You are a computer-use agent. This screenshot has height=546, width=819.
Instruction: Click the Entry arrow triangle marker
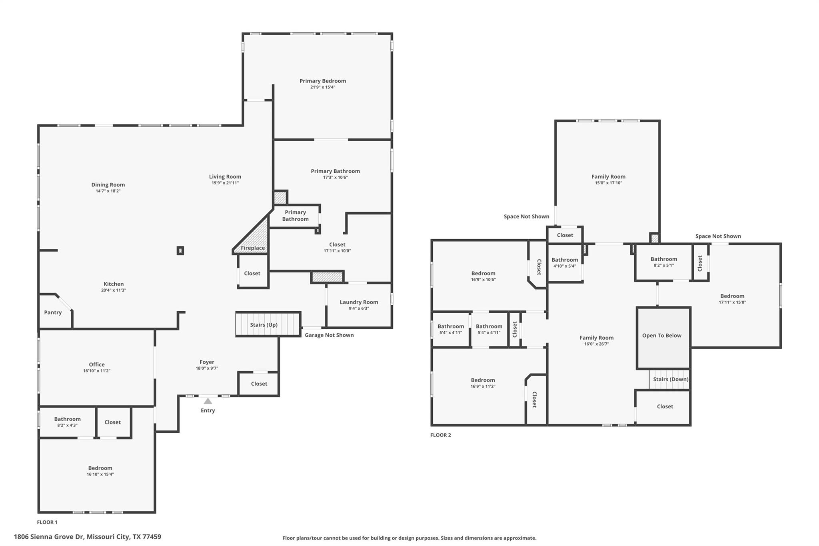[208, 401]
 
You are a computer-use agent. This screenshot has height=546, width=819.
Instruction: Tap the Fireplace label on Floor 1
[253, 248]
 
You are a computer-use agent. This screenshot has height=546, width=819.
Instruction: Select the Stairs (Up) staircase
[268, 324]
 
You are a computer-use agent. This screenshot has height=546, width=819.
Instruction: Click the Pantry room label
[53, 312]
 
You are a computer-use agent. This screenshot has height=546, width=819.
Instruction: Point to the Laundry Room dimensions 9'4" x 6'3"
[359, 308]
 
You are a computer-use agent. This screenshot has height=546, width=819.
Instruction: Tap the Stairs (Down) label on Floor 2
[671, 379]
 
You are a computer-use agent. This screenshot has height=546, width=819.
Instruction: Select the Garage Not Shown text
[329, 335]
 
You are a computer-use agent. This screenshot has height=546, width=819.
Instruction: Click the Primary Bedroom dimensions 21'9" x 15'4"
[323, 87]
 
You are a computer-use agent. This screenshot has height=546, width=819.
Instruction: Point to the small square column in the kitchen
[180, 251]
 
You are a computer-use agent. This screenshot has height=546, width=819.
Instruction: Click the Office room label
[97, 364]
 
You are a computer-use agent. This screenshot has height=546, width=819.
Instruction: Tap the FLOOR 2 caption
[440, 435]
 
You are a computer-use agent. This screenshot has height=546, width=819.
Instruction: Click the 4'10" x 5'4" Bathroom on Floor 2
[565, 263]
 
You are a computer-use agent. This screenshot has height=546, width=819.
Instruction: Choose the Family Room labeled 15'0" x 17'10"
[608, 180]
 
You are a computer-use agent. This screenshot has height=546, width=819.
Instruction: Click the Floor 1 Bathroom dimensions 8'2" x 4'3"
[67, 425]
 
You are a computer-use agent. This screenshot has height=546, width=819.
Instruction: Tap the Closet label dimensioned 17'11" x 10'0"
[337, 244]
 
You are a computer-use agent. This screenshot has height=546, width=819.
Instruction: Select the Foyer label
[207, 362]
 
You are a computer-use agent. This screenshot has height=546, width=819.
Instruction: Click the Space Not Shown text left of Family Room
[526, 216]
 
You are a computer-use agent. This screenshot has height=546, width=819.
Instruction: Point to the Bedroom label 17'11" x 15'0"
[732, 296]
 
